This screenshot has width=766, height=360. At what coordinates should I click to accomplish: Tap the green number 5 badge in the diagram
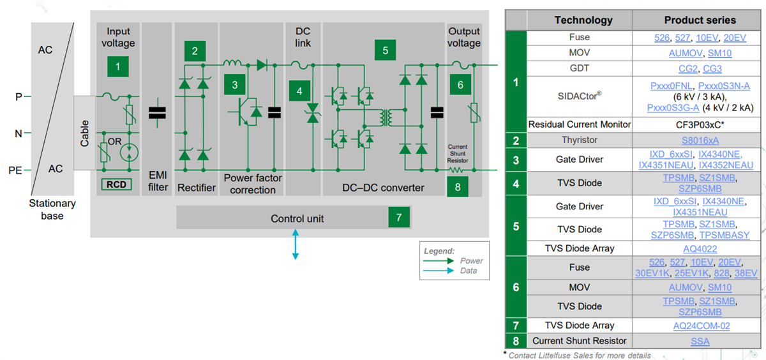click(385, 50)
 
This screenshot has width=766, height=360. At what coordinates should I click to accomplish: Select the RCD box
click(116, 185)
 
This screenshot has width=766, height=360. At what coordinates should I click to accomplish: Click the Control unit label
click(297, 218)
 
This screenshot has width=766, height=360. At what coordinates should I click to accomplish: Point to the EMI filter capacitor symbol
click(156, 113)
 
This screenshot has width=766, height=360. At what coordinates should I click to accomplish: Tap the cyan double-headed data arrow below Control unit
click(295, 244)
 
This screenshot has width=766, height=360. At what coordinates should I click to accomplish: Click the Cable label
click(84, 133)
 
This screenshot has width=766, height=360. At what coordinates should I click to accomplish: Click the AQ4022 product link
click(701, 248)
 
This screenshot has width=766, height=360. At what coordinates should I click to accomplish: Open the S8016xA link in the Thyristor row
click(701, 140)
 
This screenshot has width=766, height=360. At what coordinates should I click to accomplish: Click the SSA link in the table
click(700, 341)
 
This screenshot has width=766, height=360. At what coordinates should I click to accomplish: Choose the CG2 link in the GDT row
click(687, 68)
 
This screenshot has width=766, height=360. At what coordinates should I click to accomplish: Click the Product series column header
click(700, 20)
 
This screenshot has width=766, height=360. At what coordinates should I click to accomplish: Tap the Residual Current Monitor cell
click(580, 124)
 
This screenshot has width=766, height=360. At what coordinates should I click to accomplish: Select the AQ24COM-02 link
click(701, 326)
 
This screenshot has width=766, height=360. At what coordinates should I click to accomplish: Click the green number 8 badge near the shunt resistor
click(458, 187)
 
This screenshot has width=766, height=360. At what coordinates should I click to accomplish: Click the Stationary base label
click(52, 209)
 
